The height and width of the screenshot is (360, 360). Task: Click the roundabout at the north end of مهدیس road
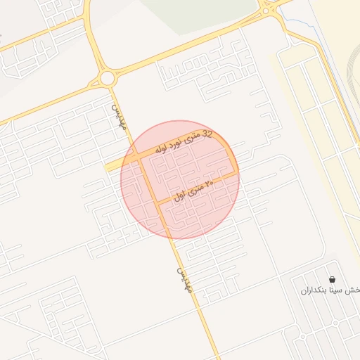[x=107, y=77]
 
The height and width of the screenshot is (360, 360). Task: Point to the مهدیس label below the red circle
[x=183, y=280]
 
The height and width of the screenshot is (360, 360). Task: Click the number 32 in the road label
[x=207, y=134]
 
